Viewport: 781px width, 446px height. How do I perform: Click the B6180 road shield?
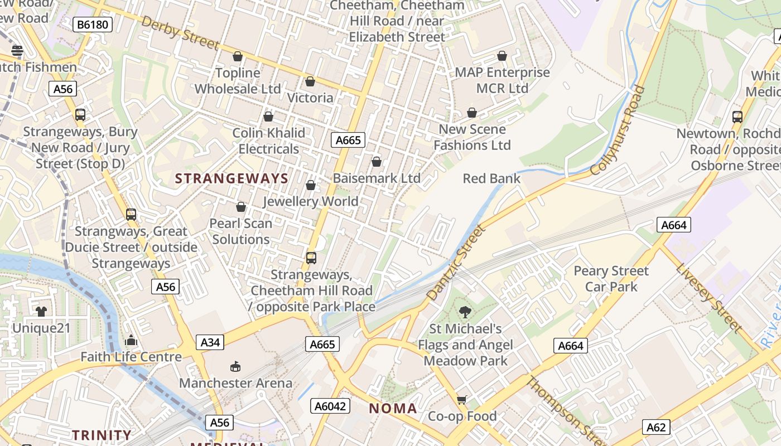93,25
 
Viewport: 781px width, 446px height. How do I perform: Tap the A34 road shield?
210,342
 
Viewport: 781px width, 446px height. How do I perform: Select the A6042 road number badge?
330,406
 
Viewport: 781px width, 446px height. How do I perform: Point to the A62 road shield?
655,427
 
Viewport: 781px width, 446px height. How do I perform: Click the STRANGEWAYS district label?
232,179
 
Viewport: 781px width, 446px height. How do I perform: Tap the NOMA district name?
393,409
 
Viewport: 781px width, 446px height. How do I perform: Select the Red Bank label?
491,178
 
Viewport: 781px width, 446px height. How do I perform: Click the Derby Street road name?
180,33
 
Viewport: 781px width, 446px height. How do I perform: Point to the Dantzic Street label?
456,262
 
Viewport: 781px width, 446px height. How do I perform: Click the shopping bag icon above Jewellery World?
311,185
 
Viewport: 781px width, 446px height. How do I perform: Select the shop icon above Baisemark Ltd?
377,162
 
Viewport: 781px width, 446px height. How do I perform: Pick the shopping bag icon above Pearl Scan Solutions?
241,207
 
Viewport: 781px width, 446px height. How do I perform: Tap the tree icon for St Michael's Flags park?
465,312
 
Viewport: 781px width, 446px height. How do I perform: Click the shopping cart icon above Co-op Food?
461,400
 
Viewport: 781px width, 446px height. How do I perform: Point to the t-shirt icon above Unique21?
41,311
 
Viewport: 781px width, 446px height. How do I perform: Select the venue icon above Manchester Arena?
235,366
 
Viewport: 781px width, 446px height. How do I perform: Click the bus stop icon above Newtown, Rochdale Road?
737,117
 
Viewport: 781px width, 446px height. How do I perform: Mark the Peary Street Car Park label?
611,279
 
